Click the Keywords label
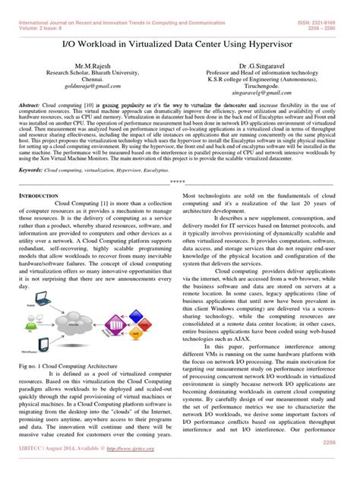coord(31,192)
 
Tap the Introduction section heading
coord(40,217)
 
